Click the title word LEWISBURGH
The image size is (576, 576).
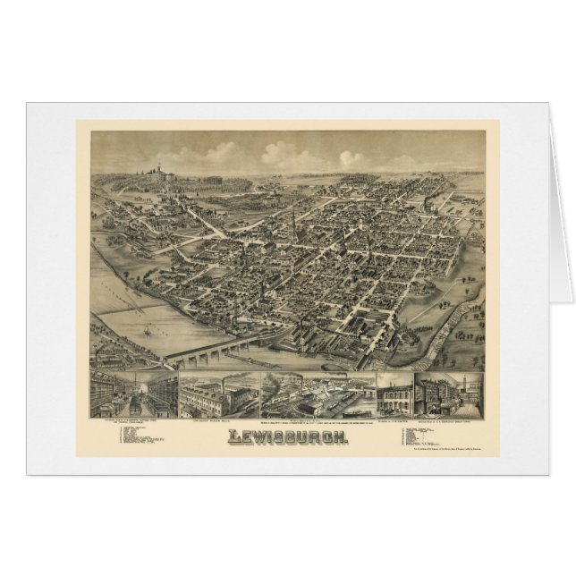coord(287,436)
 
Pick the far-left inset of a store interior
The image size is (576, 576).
coord(132,394)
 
